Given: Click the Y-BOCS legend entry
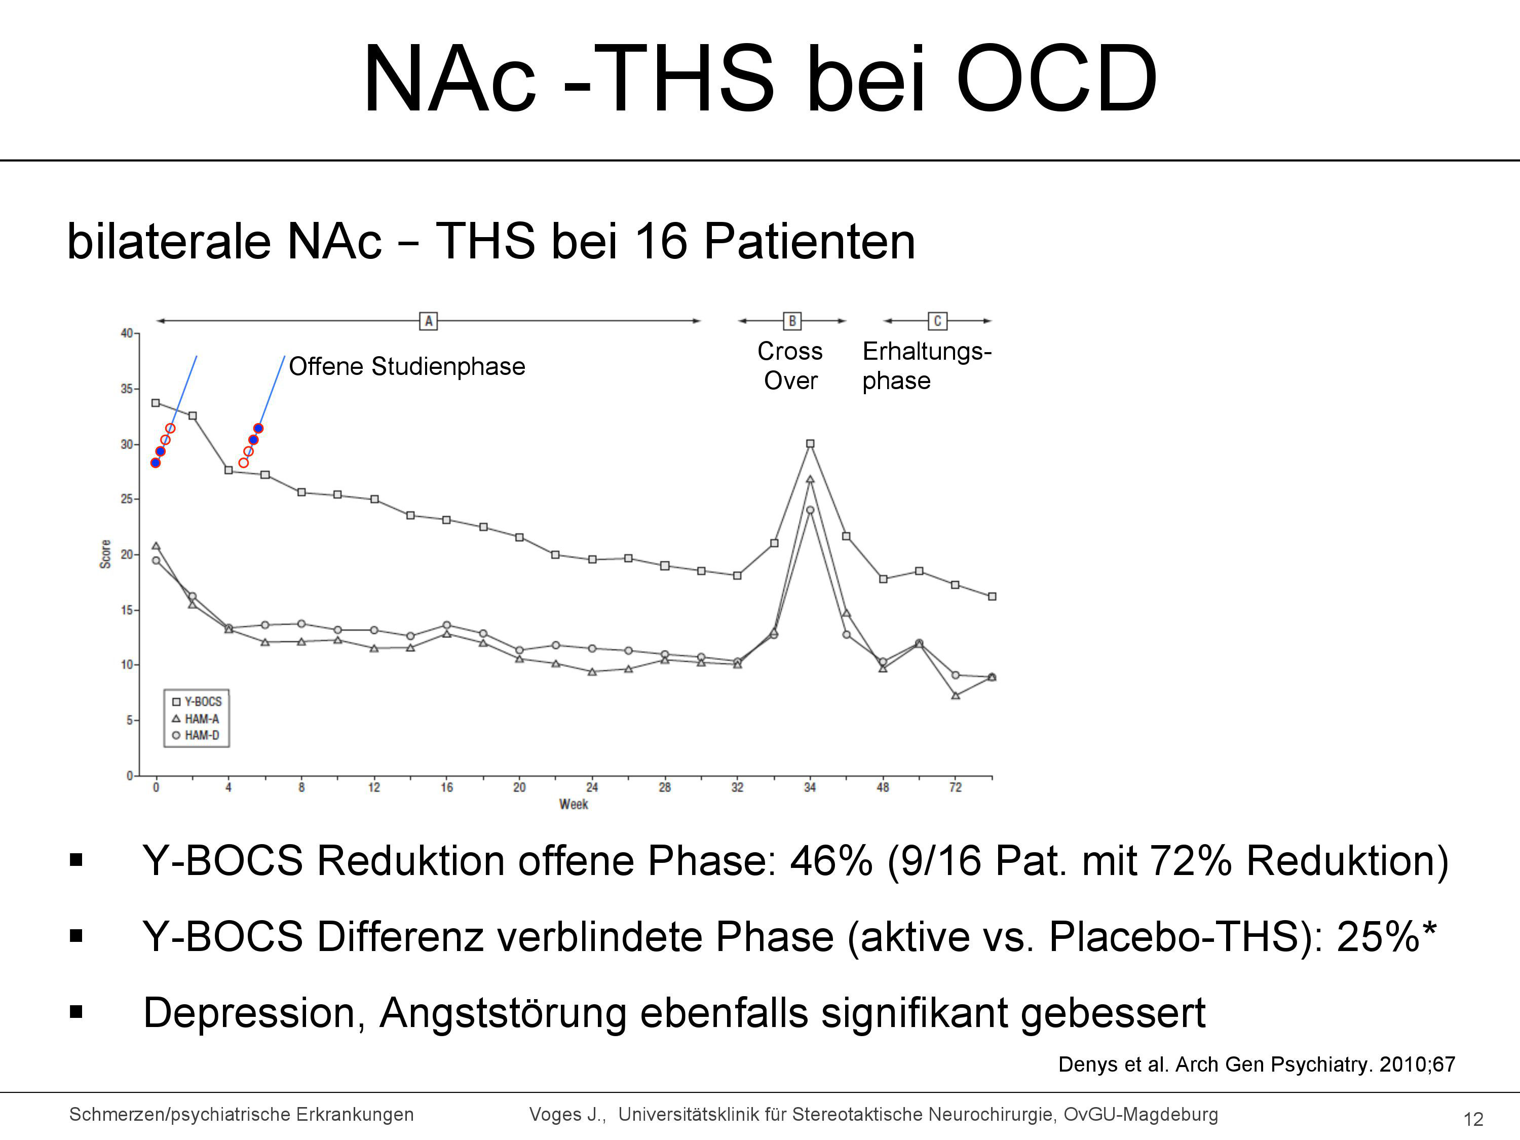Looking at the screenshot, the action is [x=197, y=702].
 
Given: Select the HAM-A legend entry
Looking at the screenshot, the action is [x=196, y=719].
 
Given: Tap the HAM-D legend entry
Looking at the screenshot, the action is [x=196, y=735].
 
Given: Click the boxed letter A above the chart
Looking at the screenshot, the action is [x=428, y=321].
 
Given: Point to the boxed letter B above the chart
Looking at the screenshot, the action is [x=791, y=321].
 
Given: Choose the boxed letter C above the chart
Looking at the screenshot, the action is [x=937, y=321].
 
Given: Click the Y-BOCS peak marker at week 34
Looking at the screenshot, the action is [x=810, y=444].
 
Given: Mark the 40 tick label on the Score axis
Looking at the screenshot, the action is [x=127, y=333].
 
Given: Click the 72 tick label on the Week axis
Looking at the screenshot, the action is [x=955, y=787].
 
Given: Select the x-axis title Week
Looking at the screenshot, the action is [x=574, y=804].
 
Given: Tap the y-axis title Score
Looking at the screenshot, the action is [x=105, y=554].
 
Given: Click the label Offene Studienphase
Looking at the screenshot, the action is [x=407, y=366].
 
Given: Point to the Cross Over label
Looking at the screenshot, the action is [x=790, y=366].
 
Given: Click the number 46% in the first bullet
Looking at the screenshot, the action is [x=831, y=860].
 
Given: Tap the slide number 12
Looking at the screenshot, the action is [x=1473, y=1119].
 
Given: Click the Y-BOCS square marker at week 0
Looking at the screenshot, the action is [x=156, y=403].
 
